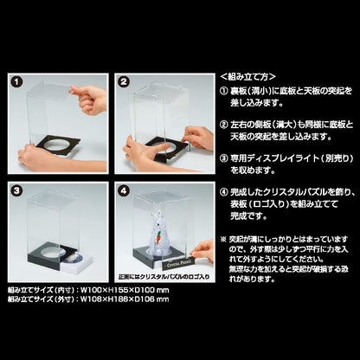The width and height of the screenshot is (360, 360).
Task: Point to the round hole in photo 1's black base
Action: [55, 145]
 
